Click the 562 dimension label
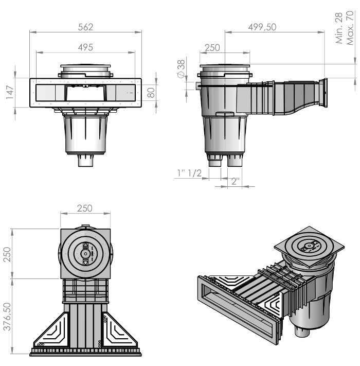click(85, 27)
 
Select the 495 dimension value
click(85, 47)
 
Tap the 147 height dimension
click(10, 93)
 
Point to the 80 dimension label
click(151, 93)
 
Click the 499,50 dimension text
click(262, 27)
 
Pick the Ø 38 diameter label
click(181, 68)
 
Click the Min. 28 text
click(339, 28)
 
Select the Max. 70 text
click(350, 28)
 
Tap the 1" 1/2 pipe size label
click(189, 173)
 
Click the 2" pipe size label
click(235, 181)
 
